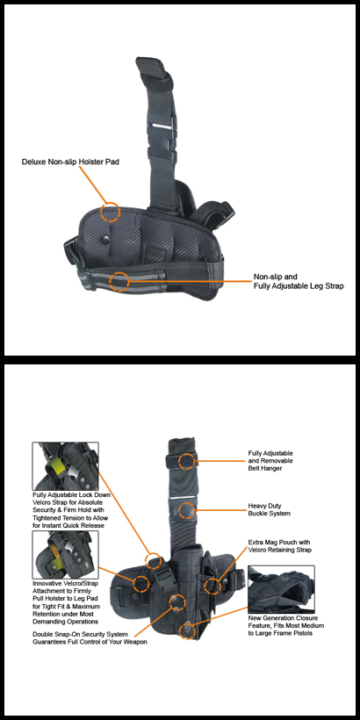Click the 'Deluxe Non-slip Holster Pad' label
point(70,162)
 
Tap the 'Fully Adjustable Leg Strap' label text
point(299,282)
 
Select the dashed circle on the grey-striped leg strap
point(119,281)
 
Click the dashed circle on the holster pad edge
point(111,212)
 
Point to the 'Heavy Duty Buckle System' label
point(269,509)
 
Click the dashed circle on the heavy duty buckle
point(186,511)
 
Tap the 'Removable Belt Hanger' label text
point(270,461)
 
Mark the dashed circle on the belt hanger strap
point(186,461)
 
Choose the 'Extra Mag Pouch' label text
point(279,546)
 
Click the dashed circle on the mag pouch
point(212,585)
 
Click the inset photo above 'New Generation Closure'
point(281,589)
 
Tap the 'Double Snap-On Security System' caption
point(90,637)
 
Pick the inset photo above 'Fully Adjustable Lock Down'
point(65,466)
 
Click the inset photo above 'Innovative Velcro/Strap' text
point(65,555)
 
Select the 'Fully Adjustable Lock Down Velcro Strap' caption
point(71,510)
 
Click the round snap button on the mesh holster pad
point(106,239)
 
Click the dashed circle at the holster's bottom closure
point(188,630)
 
